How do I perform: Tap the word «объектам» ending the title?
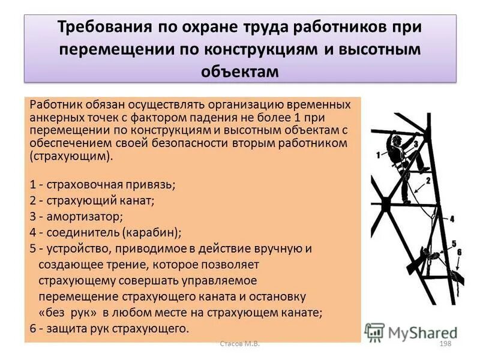tap(240, 71)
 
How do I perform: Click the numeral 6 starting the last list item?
tap(32, 328)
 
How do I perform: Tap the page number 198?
tap(445, 344)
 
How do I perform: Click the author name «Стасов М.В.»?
tap(240, 344)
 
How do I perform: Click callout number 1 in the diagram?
tap(379, 155)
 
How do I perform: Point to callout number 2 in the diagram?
tap(428, 180)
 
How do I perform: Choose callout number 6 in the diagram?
tap(459, 252)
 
